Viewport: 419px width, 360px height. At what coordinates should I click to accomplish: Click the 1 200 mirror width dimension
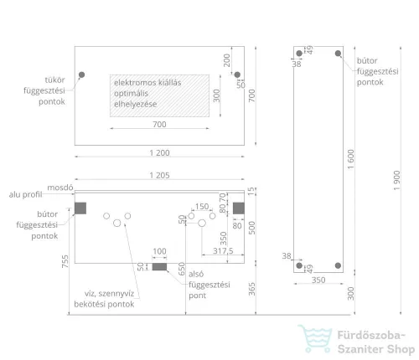pyautogui.click(x=159, y=153)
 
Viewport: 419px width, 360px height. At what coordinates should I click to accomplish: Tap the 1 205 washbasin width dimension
pyautogui.click(x=159, y=175)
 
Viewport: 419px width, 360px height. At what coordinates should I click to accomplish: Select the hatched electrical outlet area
pyautogui.click(x=159, y=95)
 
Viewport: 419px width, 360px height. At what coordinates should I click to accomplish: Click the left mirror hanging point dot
pyautogui.click(x=81, y=75)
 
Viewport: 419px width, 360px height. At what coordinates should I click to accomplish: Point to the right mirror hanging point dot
pyautogui.click(x=237, y=75)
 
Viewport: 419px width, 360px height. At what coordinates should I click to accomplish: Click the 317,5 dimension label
pyautogui.click(x=223, y=250)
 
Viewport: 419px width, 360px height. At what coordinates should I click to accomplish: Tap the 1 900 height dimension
pyautogui.click(x=396, y=181)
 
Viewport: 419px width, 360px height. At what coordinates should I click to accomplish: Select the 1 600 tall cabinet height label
pyautogui.click(x=350, y=159)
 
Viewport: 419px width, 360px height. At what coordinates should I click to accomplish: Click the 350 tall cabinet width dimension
pyautogui.click(x=318, y=280)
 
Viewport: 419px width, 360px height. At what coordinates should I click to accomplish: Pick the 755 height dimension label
pyautogui.click(x=65, y=261)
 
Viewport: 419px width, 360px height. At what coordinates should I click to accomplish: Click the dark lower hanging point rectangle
pyautogui.click(x=159, y=267)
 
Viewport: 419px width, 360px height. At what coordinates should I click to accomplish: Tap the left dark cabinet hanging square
pyautogui.click(x=80, y=208)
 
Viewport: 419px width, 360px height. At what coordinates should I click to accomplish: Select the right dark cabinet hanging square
pyautogui.click(x=239, y=208)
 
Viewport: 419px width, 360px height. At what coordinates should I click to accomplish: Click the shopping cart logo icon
pyautogui.click(x=316, y=338)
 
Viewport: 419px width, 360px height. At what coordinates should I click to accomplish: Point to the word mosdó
pyautogui.click(x=60, y=188)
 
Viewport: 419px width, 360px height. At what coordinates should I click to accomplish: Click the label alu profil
pyautogui.click(x=25, y=194)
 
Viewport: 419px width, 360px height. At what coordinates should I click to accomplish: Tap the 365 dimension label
pyautogui.click(x=251, y=289)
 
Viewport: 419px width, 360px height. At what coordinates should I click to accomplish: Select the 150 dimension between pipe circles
pyautogui.click(x=202, y=206)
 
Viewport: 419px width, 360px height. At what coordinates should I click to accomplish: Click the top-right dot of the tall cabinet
pyautogui.click(x=338, y=54)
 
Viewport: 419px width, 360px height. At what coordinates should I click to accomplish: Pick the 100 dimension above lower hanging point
pyautogui.click(x=159, y=251)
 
